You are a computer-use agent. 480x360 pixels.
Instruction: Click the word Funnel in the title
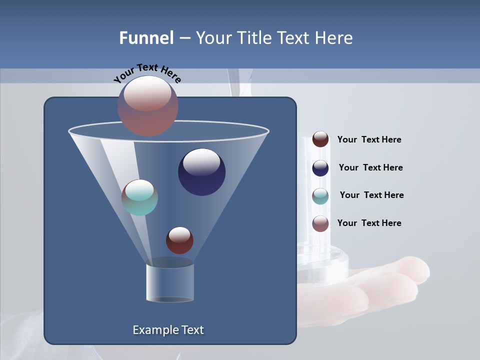[146, 38]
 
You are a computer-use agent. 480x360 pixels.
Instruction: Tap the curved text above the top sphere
[147, 72]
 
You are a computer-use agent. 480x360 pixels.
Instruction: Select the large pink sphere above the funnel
[148, 105]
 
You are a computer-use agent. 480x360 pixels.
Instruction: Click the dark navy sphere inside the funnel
[201, 172]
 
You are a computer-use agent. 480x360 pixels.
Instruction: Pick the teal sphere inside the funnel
[139, 197]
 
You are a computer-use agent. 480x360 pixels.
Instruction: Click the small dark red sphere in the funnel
[179, 240]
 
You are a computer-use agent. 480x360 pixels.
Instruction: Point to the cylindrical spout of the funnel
[170, 282]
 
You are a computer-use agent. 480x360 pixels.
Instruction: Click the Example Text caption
[168, 330]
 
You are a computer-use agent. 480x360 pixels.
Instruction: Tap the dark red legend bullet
[320, 139]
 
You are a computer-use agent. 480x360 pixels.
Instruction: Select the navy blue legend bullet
[320, 168]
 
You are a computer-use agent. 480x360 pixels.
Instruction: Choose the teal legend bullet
[320, 196]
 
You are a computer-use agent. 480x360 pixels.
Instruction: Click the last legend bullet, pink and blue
[320, 223]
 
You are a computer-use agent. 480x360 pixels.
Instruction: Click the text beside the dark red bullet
[369, 139]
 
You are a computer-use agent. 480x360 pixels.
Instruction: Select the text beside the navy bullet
[370, 167]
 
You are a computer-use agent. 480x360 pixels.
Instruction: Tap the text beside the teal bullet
[371, 195]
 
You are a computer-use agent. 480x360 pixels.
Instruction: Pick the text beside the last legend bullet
[369, 223]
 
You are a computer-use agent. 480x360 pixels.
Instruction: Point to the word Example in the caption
[154, 330]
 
